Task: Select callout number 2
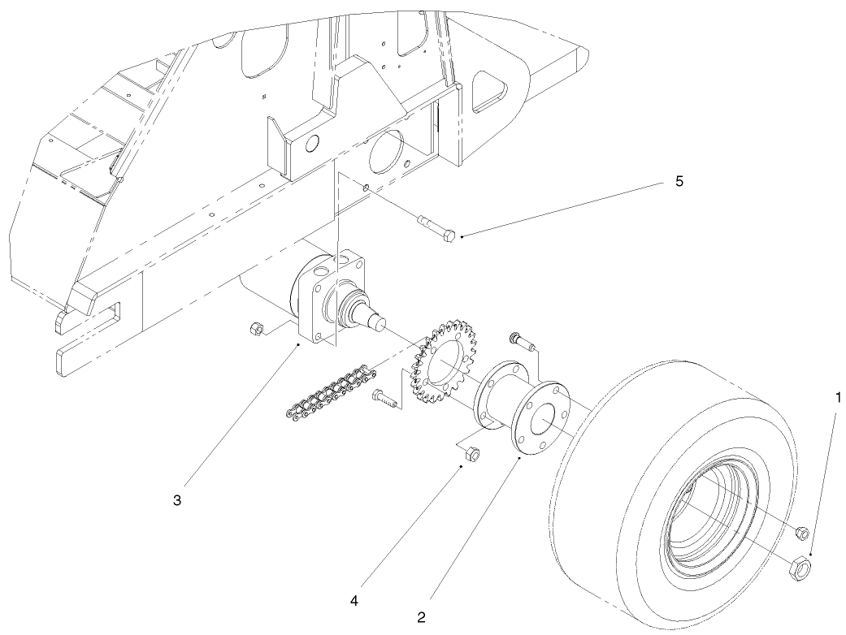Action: pyautogui.click(x=421, y=616)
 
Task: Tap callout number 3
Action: pyautogui.click(x=177, y=499)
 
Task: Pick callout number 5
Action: pyautogui.click(x=679, y=181)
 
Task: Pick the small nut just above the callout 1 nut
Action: pyautogui.click(x=800, y=533)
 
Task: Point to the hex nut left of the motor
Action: pyautogui.click(x=254, y=328)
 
